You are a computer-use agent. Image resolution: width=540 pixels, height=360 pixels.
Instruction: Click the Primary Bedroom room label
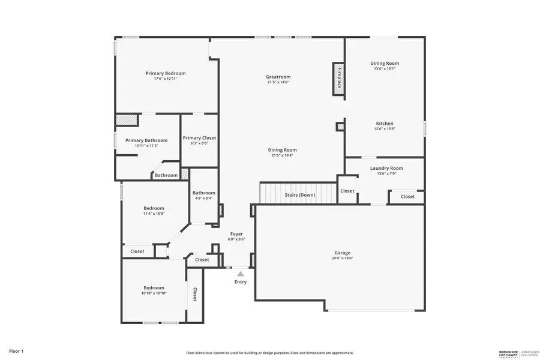pyautogui.click(x=161, y=73)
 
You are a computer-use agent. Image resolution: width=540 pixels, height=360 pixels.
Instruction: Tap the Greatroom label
pyautogui.click(x=278, y=77)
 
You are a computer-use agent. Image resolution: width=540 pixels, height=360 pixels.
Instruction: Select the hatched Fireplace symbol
pyautogui.click(x=338, y=79)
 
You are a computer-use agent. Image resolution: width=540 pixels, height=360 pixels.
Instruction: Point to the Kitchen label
pyautogui.click(x=385, y=124)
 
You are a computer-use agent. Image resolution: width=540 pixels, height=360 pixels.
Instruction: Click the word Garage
pyautogui.click(x=343, y=253)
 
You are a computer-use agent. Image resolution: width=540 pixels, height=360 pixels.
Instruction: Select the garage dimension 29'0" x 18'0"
pyautogui.click(x=343, y=259)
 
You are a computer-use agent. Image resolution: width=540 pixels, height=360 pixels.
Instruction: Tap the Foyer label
pyautogui.click(x=236, y=233)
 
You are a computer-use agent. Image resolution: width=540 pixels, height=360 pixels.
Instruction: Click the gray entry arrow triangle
pyautogui.click(x=241, y=274)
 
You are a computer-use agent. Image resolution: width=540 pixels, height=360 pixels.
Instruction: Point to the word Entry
pyautogui.click(x=241, y=282)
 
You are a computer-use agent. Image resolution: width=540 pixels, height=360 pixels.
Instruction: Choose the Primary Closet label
pyautogui.click(x=199, y=137)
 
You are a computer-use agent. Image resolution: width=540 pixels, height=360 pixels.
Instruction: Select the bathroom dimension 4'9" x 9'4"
pyautogui.click(x=203, y=199)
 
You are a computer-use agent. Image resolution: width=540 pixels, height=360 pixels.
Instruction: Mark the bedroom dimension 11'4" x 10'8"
pyautogui.click(x=154, y=214)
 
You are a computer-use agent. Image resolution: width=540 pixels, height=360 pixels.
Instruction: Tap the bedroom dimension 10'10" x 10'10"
pyautogui.click(x=154, y=293)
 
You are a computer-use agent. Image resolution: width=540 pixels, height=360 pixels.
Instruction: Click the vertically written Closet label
pyautogui.click(x=195, y=293)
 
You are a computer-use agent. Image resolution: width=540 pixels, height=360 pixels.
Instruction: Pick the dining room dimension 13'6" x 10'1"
pyautogui.click(x=385, y=69)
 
